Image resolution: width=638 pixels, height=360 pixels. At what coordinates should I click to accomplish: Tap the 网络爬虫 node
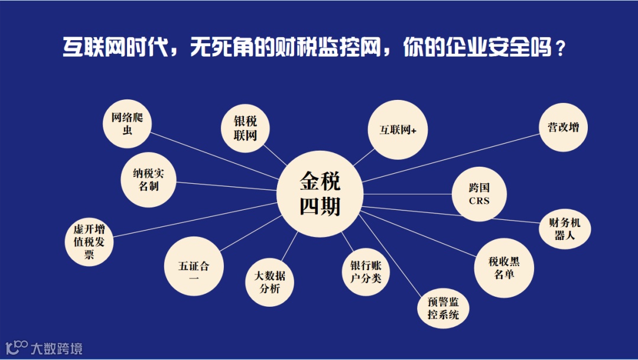click(x=127, y=124)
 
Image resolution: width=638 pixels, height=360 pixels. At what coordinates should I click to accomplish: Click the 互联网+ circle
click(x=398, y=130)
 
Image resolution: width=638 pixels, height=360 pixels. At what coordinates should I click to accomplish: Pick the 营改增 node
click(x=563, y=128)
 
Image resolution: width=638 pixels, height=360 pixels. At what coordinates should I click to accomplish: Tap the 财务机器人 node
click(x=565, y=230)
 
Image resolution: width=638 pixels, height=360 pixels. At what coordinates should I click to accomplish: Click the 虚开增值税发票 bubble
click(x=89, y=242)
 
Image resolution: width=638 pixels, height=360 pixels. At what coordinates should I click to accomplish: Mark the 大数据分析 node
click(x=269, y=282)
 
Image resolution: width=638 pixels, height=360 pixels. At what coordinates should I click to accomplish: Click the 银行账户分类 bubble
click(x=366, y=272)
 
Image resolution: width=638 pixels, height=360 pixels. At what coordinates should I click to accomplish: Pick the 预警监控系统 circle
click(x=443, y=308)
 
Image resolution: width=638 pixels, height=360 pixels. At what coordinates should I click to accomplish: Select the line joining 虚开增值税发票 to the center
click(x=195, y=219)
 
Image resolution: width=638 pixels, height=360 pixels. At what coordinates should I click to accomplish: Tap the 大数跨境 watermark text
click(x=56, y=348)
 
